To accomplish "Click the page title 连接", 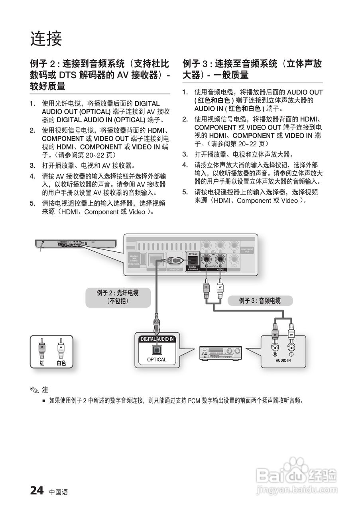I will pyautogui.click(x=46, y=39).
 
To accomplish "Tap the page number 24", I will pyautogui.click(x=37, y=490).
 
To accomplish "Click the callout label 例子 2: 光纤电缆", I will pyautogui.click(x=118, y=297).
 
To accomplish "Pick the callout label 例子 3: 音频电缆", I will pyautogui.click(x=260, y=301).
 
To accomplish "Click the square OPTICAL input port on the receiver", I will pyautogui.click(x=157, y=350).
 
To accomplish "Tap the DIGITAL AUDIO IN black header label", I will pyautogui.click(x=157, y=339).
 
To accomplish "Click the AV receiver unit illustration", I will pyautogui.click(x=220, y=352).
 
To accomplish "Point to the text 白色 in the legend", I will pyautogui.click(x=61, y=363).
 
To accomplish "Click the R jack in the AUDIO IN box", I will pyautogui.click(x=275, y=347).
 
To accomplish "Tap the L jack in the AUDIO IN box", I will pyautogui.click(x=291, y=347).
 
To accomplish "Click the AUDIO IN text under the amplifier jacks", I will pyautogui.click(x=283, y=360).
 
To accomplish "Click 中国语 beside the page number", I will pyautogui.click(x=59, y=492).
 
